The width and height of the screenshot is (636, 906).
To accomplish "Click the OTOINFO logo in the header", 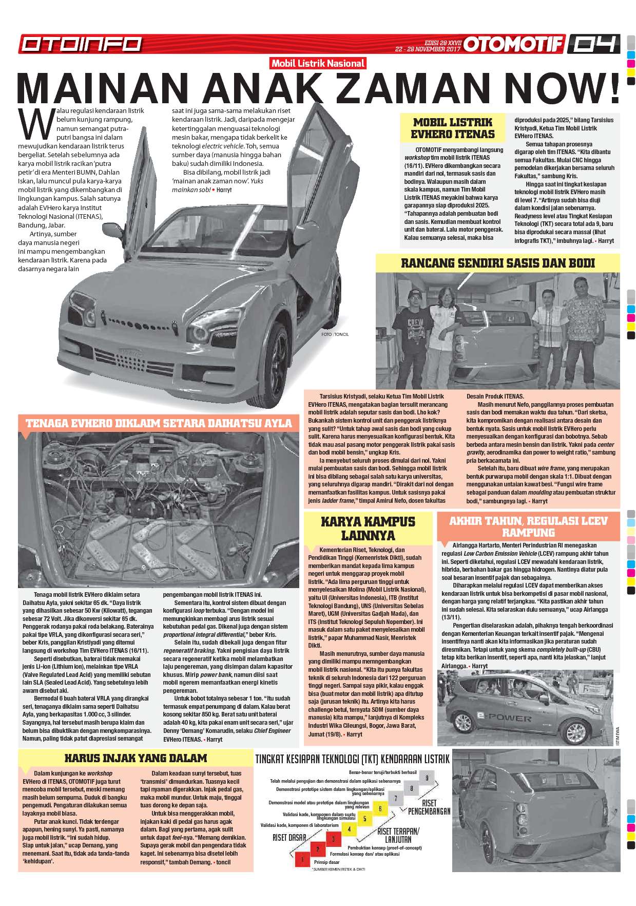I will (81, 44).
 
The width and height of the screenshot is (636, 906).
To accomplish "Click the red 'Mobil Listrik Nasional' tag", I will (318, 64).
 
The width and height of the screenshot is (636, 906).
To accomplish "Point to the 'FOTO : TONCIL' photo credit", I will (335, 334).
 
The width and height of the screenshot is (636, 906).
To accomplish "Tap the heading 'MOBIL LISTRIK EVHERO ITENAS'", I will (453, 128).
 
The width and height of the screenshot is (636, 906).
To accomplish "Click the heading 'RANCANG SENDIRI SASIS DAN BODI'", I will (497, 263).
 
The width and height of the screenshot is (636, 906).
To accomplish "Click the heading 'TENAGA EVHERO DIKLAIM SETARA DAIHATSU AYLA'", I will (158, 424).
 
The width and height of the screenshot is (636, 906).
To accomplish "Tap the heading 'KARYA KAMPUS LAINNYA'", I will (368, 528).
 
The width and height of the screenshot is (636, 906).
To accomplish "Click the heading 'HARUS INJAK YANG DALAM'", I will (136, 758).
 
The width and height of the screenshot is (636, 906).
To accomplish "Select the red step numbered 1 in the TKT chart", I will (302, 859).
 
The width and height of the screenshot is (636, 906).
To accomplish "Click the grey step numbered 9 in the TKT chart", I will (427, 778).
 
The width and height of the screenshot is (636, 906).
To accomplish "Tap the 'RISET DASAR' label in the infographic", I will (289, 837).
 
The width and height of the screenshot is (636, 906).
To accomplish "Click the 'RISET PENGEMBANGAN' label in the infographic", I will (429, 807).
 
